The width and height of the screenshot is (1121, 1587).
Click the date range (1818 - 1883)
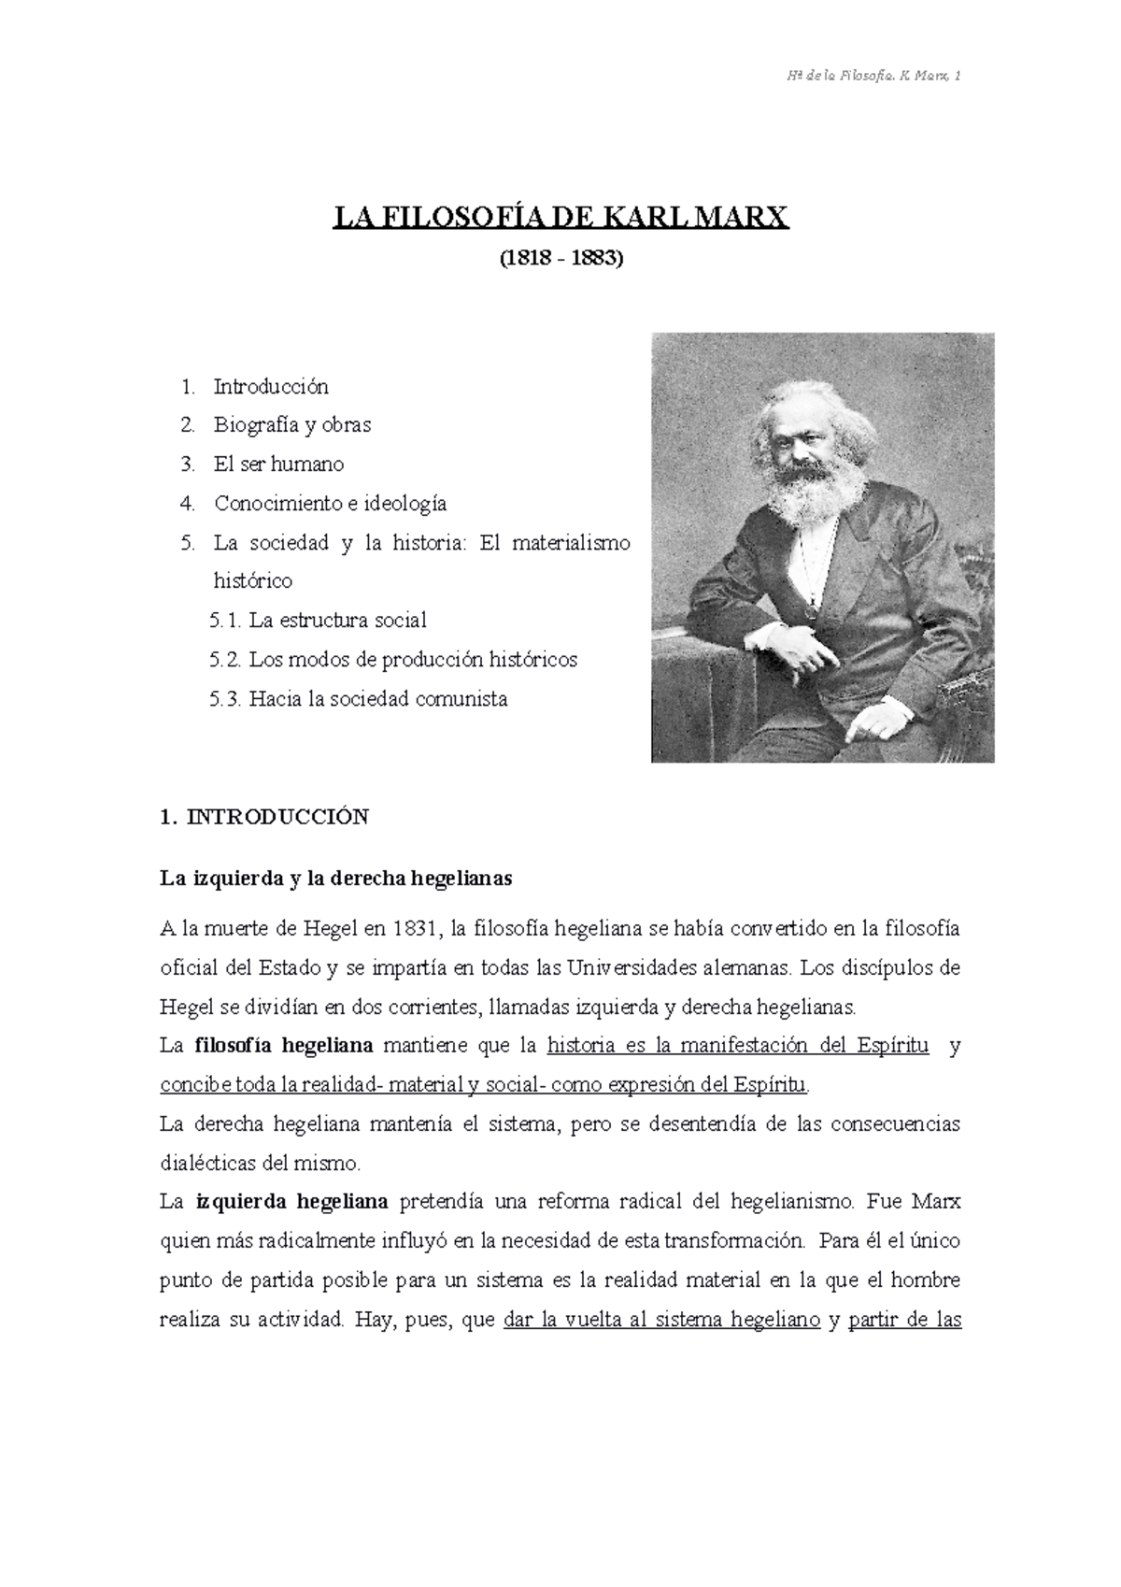[560, 258]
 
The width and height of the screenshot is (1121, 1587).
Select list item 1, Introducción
[270, 386]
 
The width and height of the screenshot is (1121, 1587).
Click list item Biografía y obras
[291, 425]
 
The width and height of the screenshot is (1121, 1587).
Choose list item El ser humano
[278, 465]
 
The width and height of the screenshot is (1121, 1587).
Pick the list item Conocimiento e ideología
[330, 504]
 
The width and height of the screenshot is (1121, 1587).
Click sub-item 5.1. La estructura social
[319, 621]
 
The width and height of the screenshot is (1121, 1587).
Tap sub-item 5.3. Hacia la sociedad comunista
[360, 699]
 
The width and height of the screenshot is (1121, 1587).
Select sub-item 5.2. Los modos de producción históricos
[393, 660]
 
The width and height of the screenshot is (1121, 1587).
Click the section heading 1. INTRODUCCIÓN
[264, 817]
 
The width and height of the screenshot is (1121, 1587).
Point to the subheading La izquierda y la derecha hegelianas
[336, 879]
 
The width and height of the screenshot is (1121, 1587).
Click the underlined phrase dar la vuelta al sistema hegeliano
[660, 1321]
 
